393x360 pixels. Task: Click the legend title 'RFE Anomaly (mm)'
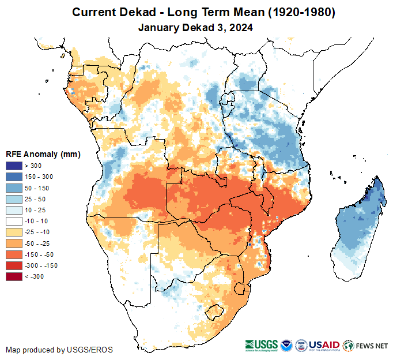pos(43,155)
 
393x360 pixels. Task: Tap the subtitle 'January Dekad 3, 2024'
pos(197,27)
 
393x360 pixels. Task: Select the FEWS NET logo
pos(366,346)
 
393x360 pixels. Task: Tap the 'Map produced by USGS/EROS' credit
pos(59,350)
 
